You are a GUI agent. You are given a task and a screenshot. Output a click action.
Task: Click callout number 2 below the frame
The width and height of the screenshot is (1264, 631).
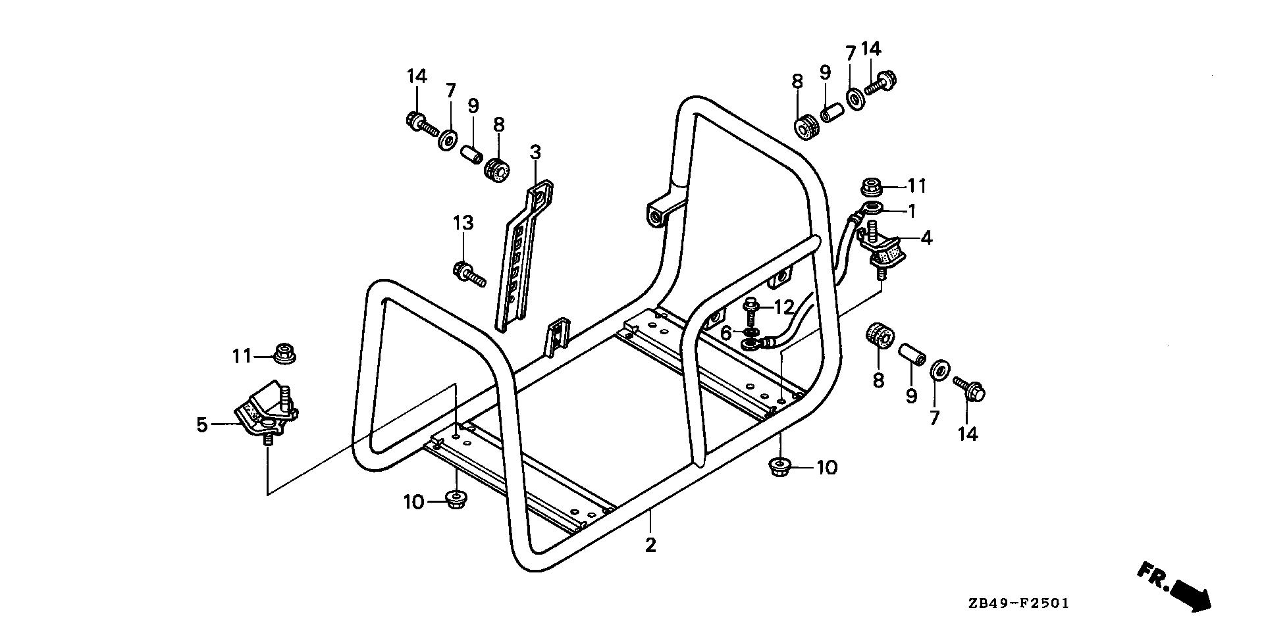(650, 545)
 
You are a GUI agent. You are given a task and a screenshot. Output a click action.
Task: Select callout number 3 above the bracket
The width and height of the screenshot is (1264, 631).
(535, 152)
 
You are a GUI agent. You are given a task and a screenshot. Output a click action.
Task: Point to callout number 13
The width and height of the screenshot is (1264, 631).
(463, 222)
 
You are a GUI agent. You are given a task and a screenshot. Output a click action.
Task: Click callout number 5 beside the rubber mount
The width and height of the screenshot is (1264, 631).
(201, 425)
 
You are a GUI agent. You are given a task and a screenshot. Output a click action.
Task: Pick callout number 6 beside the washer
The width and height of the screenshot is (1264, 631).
(725, 334)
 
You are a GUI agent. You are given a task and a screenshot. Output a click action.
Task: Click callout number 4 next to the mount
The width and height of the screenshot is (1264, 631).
(926, 238)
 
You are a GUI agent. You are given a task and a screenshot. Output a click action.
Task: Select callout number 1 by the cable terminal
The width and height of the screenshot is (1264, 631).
(911, 211)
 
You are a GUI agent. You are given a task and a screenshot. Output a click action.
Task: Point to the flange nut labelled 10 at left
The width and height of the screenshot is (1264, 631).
(453, 500)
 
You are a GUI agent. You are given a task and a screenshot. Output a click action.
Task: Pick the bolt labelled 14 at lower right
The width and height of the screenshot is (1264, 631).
(969, 389)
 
